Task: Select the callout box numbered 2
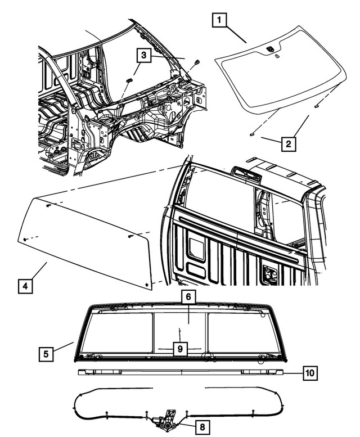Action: (288, 144)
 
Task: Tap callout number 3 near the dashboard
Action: (144, 55)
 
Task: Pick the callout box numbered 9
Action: (179, 349)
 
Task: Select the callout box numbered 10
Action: (310, 372)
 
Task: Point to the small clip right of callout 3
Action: (196, 61)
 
